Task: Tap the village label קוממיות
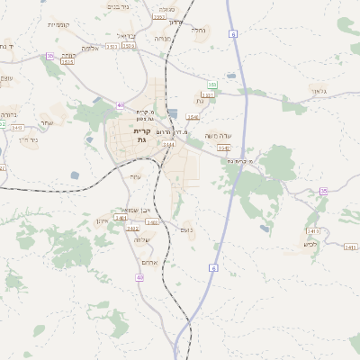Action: pyautogui.click(x=58, y=24)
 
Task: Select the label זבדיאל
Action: pyautogui.click(x=125, y=35)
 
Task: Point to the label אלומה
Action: pyautogui.click(x=91, y=48)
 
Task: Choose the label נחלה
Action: pyautogui.click(x=198, y=30)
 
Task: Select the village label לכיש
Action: pyautogui.click(x=310, y=244)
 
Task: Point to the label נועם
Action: pyautogui.click(x=186, y=229)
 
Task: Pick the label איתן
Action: pyautogui.click(x=102, y=220)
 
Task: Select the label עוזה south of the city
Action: pyautogui.click(x=136, y=175)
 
